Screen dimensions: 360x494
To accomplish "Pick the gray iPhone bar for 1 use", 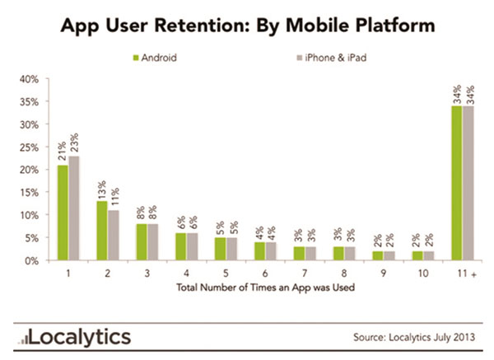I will (73, 208).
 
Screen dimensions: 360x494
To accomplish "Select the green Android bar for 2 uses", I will (100, 231).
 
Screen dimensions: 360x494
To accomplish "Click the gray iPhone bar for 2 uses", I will (112, 235).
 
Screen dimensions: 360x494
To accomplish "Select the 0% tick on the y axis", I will (30, 260).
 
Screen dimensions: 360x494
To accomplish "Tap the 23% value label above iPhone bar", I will (74, 143).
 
